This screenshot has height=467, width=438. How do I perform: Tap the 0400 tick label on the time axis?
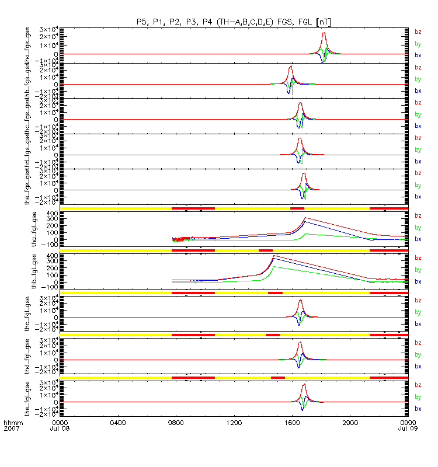[x=118, y=422]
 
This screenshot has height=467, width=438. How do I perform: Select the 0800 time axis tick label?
[x=176, y=422]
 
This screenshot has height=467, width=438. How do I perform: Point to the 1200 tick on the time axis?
[x=234, y=422]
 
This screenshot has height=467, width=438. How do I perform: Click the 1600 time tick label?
[x=292, y=422]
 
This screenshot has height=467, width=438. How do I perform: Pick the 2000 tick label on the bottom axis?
[x=350, y=422]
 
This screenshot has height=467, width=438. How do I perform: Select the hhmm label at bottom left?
[x=12, y=422]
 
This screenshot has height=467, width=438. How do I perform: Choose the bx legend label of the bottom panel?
[x=418, y=408]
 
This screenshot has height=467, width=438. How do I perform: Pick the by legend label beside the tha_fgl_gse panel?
[x=418, y=228]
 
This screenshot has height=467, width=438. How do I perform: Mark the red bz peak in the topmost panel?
[x=324, y=33]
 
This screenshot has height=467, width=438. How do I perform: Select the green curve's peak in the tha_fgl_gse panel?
[x=305, y=233]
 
